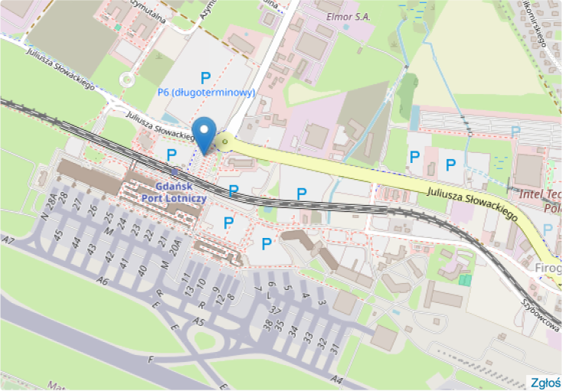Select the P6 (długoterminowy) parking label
[206, 93]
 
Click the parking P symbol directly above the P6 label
[205, 77]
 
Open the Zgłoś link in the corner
[546, 383]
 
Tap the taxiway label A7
[8, 242]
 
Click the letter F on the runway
[152, 359]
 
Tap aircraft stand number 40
[142, 270]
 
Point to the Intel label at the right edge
[540, 194]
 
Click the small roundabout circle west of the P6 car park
[127, 79]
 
